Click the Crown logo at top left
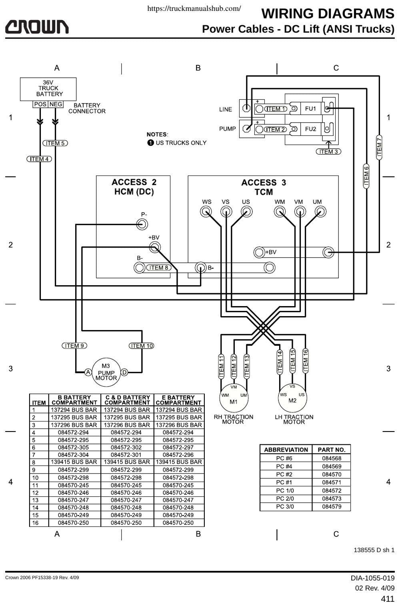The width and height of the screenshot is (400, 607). tap(37, 27)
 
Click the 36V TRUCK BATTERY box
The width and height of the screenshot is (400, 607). tap(48, 89)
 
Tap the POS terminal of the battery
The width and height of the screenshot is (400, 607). tap(40, 104)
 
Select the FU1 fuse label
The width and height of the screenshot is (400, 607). tap(310, 109)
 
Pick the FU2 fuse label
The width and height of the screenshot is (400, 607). tap(310, 129)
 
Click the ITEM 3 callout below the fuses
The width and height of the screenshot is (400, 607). tap(328, 152)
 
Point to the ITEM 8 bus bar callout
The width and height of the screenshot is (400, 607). tap(159, 268)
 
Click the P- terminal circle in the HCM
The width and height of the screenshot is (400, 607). tap(142, 224)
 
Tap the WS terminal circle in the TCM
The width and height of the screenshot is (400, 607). tap(206, 212)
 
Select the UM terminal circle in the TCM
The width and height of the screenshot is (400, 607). tap(320, 212)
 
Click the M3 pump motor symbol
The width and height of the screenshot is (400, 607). tap(106, 372)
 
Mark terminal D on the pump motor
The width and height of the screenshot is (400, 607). tap(124, 372)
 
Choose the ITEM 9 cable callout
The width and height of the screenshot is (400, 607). tap(74, 346)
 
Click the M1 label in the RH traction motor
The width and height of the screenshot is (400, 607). tap(234, 401)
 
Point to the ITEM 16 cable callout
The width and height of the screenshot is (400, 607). tap(305, 361)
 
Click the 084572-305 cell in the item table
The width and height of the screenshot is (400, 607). tap(73, 448)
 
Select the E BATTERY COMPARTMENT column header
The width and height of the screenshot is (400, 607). tap(178, 400)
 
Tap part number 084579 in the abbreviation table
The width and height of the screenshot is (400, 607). tap(332, 506)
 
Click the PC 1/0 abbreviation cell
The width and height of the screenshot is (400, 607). tap(285, 490)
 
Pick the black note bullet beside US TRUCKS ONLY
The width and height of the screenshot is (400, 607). tap(151, 143)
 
